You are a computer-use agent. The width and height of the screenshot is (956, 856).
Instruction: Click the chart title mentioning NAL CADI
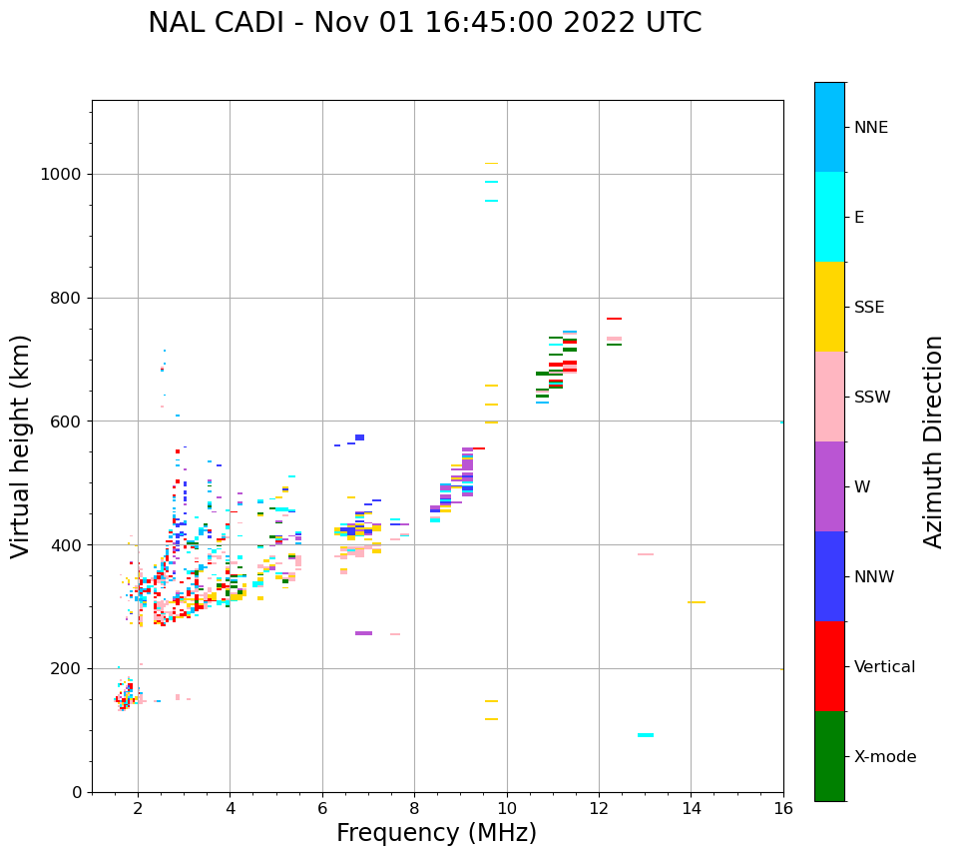coord(424,23)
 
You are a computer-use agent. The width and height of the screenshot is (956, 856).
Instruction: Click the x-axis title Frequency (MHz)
coord(436,833)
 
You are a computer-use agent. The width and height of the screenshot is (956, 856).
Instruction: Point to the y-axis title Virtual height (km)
coord(21,446)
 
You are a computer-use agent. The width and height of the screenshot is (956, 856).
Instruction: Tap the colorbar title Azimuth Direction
coord(933,441)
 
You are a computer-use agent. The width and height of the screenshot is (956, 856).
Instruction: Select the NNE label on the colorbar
coord(870,128)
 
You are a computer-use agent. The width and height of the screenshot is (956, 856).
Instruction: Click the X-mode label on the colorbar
coord(884,757)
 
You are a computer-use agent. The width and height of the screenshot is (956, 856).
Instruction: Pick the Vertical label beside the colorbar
coord(884,667)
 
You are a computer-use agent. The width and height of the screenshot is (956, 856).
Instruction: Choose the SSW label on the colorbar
coord(871,398)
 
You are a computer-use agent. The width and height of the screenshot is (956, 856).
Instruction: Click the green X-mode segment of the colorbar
coord(829,756)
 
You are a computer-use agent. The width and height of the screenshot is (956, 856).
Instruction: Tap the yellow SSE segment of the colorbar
coord(829,307)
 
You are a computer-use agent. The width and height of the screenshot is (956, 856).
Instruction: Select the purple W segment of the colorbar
coord(829,486)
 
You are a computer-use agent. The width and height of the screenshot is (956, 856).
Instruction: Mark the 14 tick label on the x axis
coord(691,808)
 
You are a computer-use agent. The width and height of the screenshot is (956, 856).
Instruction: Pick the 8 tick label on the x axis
coord(415,808)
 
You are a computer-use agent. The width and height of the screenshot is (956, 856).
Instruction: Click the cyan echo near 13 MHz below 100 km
coord(646,735)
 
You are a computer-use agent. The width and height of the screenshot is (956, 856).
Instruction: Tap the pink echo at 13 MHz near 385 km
coord(646,554)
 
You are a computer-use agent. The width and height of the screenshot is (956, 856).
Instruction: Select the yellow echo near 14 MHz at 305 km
coord(697,602)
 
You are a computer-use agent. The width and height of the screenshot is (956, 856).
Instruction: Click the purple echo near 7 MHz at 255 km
coord(363,633)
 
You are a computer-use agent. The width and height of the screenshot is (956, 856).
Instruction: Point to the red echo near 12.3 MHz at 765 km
coord(614,319)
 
